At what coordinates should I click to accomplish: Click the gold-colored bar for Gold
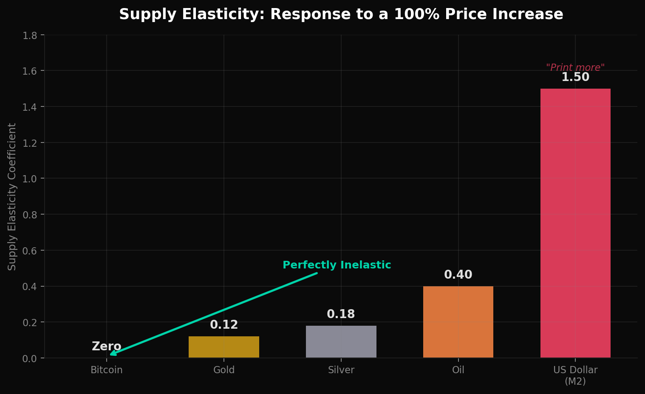point(224,347)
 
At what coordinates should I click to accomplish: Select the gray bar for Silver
point(341,342)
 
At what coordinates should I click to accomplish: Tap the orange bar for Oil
point(458,322)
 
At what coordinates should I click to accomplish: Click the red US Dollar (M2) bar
point(575,223)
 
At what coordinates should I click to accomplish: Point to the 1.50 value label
point(575,78)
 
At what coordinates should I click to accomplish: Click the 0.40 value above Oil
point(458,275)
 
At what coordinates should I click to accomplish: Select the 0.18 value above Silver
point(341,314)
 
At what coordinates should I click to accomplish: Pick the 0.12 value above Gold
point(224,325)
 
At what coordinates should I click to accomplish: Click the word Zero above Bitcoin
point(106,346)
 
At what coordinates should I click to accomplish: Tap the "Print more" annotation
point(575,67)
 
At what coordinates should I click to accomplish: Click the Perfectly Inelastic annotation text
point(337,265)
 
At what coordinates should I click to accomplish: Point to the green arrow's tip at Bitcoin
point(111,354)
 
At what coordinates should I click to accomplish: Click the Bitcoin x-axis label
point(107,370)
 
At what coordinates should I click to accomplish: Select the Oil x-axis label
point(458,370)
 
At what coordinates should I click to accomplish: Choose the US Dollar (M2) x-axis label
point(575,375)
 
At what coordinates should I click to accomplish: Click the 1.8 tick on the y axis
point(30,35)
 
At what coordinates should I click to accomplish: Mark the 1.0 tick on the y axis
point(30,179)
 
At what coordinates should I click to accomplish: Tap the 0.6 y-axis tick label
point(30,251)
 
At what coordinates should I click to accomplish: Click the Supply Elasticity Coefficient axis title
point(12,196)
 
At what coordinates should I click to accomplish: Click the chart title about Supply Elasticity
point(341,14)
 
